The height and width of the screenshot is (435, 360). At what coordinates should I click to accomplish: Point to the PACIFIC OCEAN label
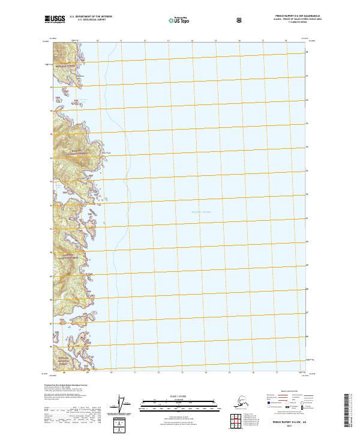pyautogui.click(x=201, y=212)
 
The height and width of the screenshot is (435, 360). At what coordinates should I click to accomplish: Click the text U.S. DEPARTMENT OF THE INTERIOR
pyautogui.click(x=91, y=17)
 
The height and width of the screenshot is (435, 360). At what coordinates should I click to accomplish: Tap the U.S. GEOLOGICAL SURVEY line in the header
pyautogui.click(x=91, y=20)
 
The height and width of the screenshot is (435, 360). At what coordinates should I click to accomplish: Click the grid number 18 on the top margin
pyautogui.click(x=286, y=40)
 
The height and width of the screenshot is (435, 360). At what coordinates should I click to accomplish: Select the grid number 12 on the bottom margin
pyautogui.click(x=158, y=373)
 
